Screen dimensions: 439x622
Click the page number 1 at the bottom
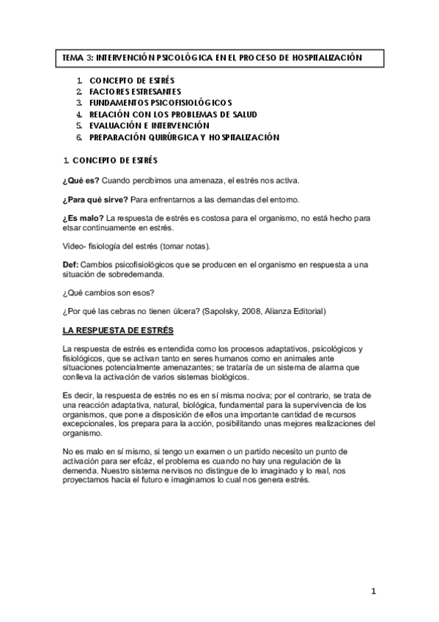click(373, 591)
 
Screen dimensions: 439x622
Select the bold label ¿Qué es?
click(79, 180)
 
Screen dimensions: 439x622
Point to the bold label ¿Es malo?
click(83, 219)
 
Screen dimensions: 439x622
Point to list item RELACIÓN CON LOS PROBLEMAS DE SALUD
click(173, 114)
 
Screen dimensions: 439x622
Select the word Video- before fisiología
click(75, 245)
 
